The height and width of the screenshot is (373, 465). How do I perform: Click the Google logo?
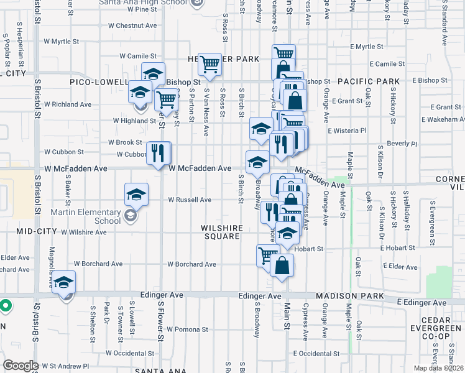[x=21, y=366]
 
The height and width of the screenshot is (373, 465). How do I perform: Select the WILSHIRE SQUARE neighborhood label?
[x=221, y=232]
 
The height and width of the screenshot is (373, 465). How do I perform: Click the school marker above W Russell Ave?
[x=136, y=194]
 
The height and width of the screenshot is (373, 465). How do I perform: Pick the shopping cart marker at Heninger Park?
[x=210, y=63]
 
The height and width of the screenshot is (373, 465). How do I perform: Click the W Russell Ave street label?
[x=190, y=200]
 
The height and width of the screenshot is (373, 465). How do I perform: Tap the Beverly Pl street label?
[x=401, y=143]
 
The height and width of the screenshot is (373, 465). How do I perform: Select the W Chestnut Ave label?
[x=132, y=26]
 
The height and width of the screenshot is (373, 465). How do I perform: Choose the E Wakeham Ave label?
[x=442, y=119]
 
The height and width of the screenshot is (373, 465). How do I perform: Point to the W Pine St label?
[x=137, y=10]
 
